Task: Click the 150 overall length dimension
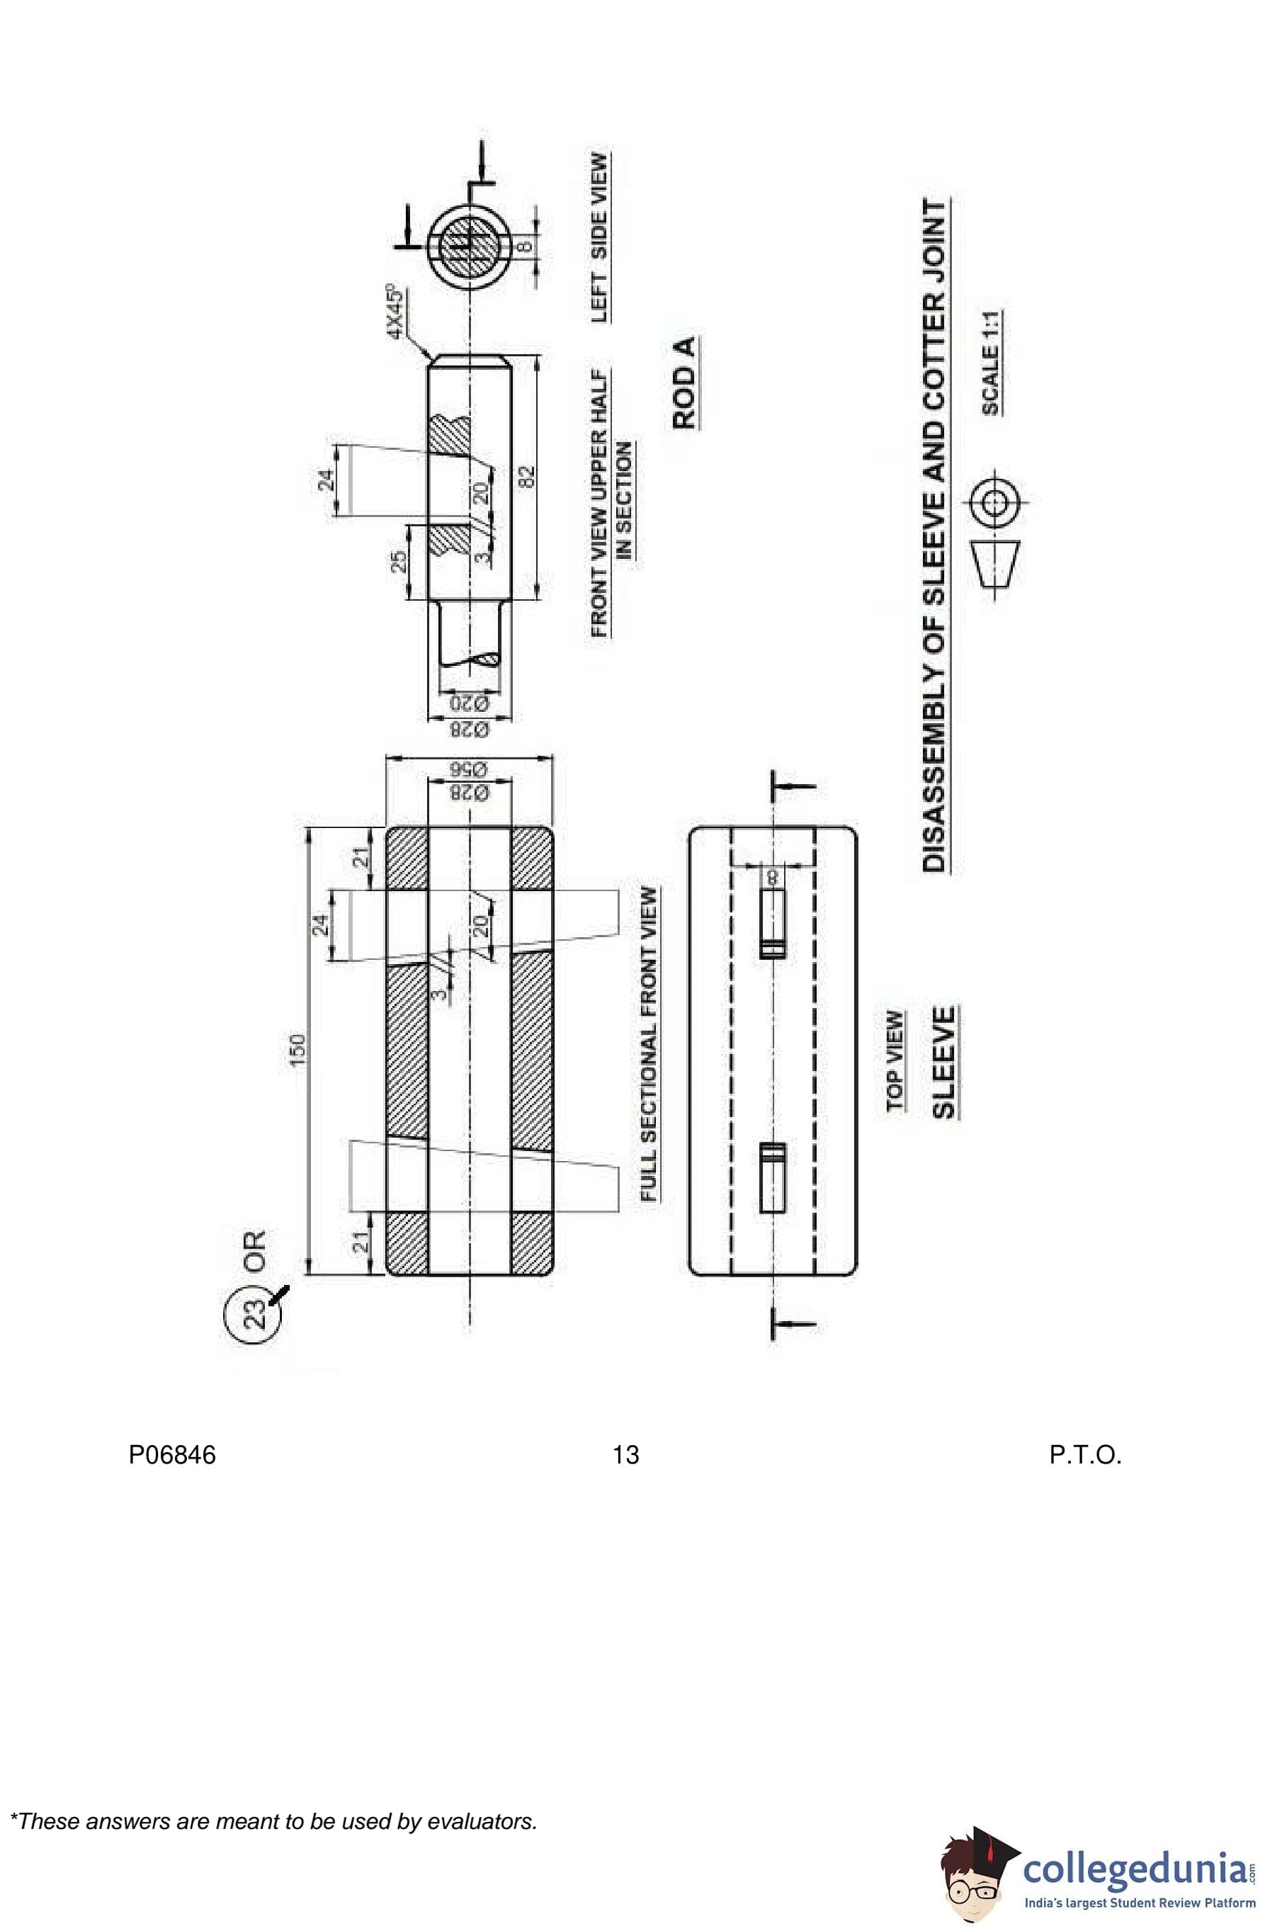(297, 1049)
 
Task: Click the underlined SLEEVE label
(943, 1062)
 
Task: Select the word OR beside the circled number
(254, 1251)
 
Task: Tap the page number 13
(625, 1455)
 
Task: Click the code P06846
(172, 1455)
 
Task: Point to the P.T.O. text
(1085, 1455)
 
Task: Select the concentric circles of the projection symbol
(992, 503)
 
